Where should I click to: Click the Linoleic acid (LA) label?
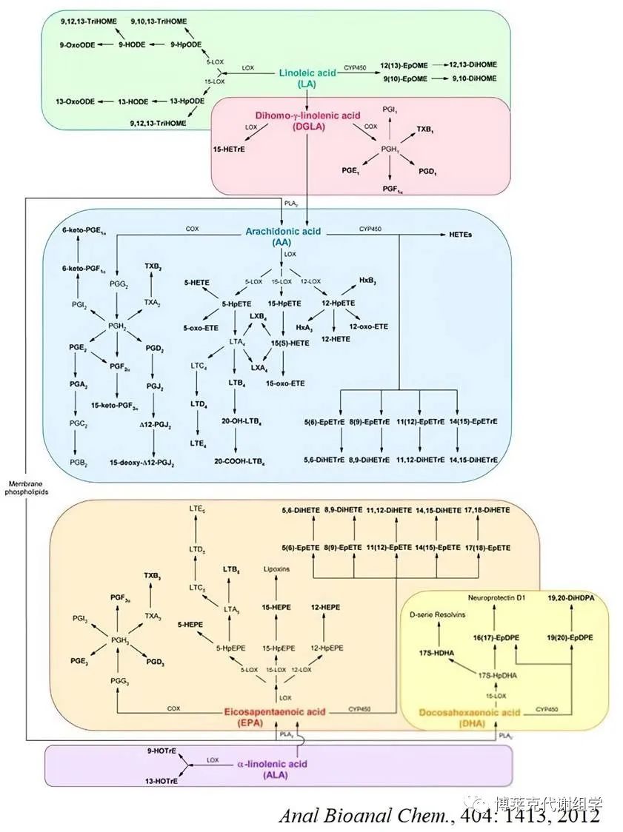(307, 78)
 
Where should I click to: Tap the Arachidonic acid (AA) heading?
(283, 238)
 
